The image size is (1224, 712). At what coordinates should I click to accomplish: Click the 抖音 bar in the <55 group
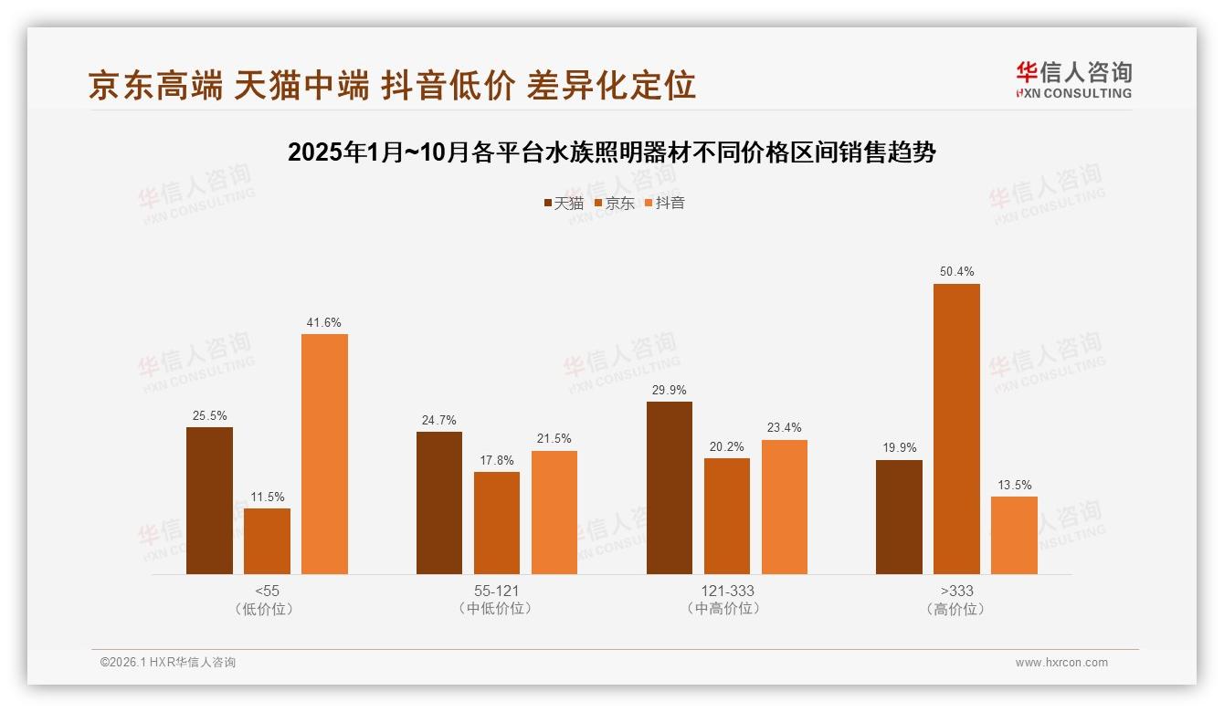tap(324, 454)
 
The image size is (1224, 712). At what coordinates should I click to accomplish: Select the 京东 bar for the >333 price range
tap(956, 429)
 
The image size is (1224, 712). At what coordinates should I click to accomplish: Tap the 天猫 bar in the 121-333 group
tap(670, 487)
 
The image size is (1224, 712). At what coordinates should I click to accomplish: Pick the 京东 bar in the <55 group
tap(267, 541)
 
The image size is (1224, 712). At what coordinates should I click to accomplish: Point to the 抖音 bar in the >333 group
tap(1014, 535)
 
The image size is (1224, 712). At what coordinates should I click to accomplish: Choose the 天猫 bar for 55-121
tap(439, 503)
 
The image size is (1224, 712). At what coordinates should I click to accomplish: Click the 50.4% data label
tap(956, 272)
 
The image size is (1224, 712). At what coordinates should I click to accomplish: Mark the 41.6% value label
tap(324, 322)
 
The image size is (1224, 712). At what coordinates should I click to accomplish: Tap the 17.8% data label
tap(497, 460)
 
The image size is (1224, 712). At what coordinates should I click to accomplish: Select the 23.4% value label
tap(785, 428)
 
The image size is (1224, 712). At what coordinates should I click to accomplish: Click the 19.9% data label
tap(899, 448)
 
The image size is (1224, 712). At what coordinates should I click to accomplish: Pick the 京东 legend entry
tap(615, 204)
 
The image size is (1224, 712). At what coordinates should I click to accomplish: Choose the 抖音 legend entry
tap(665, 204)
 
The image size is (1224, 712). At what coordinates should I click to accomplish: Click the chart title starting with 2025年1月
tap(611, 152)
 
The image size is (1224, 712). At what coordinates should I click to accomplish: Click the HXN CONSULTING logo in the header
tap(1073, 80)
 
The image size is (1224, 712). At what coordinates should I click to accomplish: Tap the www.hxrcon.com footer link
tap(1061, 663)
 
